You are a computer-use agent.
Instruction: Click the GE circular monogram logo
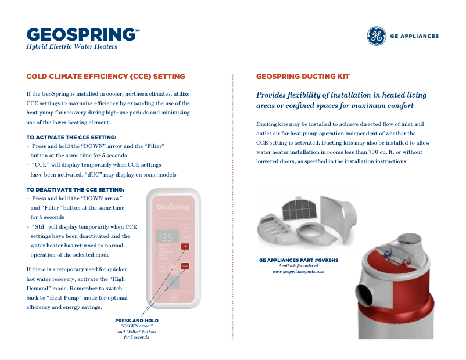pyautogui.click(x=376, y=36)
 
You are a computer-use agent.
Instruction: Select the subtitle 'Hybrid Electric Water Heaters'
pyautogui.click(x=72, y=47)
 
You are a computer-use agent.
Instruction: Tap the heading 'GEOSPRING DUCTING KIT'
pyautogui.click(x=303, y=77)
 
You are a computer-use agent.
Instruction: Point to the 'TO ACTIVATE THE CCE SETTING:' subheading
pyautogui.click(x=71, y=138)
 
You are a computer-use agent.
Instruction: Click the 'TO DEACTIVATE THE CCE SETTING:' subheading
pyautogui.click(x=75, y=190)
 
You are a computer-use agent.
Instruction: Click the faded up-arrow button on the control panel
pyautogui.click(x=185, y=228)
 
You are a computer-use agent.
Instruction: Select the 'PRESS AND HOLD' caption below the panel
pyautogui.click(x=137, y=321)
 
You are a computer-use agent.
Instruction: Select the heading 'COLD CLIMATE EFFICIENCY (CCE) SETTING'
pyautogui.click(x=106, y=77)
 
